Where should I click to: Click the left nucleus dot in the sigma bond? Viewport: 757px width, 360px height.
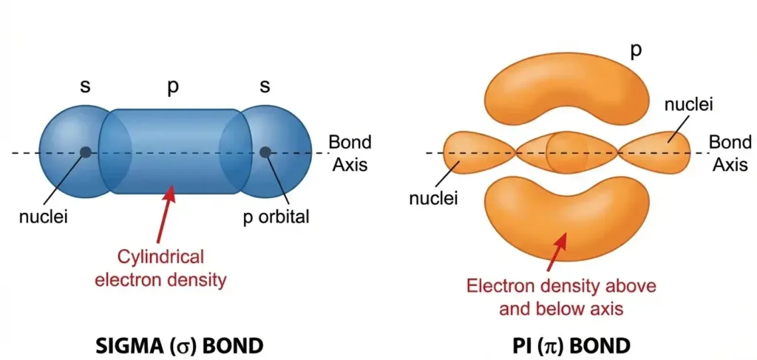click(x=86, y=152)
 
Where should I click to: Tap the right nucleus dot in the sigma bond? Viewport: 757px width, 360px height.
click(x=265, y=152)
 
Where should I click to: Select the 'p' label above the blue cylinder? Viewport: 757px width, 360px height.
click(x=172, y=86)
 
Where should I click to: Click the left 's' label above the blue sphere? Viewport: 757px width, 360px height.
click(x=86, y=86)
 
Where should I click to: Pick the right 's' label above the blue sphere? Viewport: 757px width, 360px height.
click(x=265, y=86)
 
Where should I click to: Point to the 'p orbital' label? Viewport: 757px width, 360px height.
click(x=276, y=218)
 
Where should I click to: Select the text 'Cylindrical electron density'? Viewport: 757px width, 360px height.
click(x=172, y=268)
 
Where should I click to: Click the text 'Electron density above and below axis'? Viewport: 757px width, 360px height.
click(x=560, y=296)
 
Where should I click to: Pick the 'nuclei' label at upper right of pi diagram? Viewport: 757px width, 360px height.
click(x=689, y=106)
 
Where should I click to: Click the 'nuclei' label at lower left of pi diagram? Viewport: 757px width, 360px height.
click(x=434, y=197)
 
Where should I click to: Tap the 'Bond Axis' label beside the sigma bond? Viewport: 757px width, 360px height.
click(x=350, y=153)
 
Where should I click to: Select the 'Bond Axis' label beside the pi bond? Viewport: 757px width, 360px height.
click(x=730, y=153)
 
